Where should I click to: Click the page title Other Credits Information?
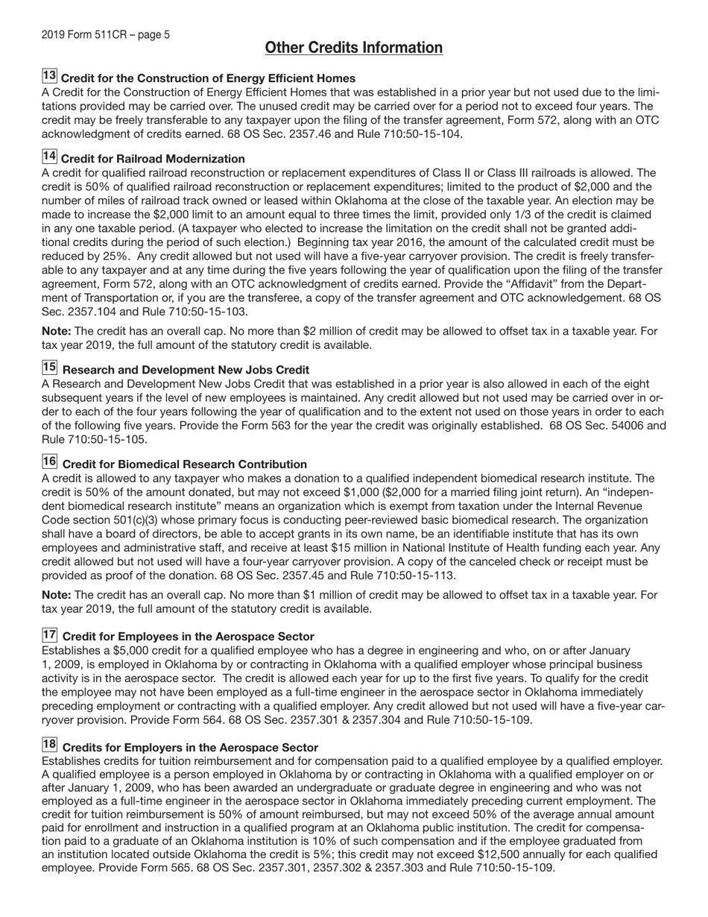click(x=353, y=48)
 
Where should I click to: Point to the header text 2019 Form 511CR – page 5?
click(x=105, y=34)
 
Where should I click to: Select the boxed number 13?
click(x=49, y=76)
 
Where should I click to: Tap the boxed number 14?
click(x=49, y=157)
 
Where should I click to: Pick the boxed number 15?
click(x=49, y=368)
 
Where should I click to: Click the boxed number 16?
click(x=49, y=462)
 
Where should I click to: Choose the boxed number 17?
click(x=49, y=634)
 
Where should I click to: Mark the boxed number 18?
click(x=49, y=746)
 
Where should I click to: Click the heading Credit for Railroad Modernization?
click(x=153, y=159)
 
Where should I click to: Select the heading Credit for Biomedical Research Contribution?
click(x=185, y=464)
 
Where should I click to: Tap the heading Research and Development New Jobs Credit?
click(x=186, y=370)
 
